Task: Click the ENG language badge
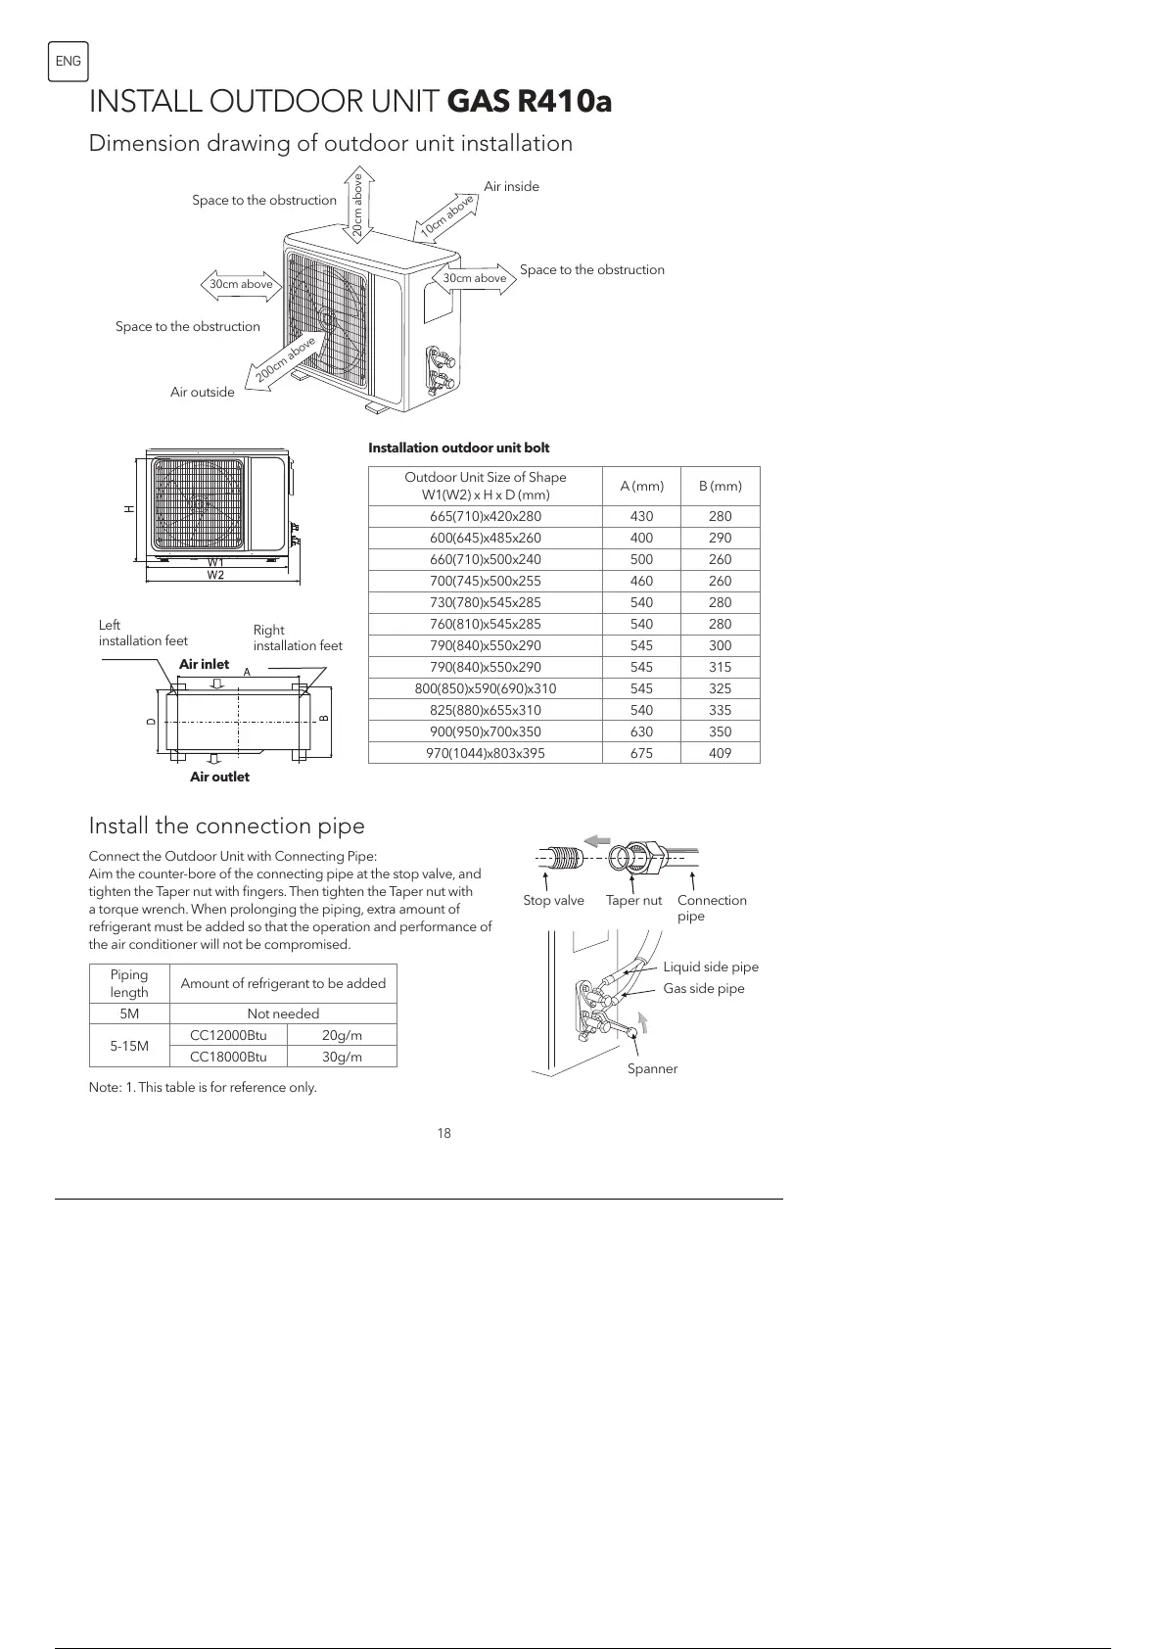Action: click(x=68, y=62)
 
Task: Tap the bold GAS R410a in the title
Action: click(x=529, y=101)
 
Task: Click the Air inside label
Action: click(x=511, y=186)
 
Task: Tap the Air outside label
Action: click(x=202, y=392)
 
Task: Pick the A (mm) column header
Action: click(x=641, y=486)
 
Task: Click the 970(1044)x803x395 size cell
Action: click(x=485, y=753)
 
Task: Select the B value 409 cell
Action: click(x=720, y=753)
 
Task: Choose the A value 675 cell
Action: click(x=641, y=753)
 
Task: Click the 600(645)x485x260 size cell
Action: click(x=485, y=538)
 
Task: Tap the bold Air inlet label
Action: click(x=204, y=664)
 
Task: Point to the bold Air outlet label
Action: click(x=219, y=777)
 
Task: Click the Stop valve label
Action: click(x=553, y=900)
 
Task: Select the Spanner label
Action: click(x=652, y=1068)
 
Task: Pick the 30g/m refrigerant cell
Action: click(x=342, y=1057)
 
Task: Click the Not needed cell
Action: click(x=283, y=1013)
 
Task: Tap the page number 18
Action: click(x=443, y=1133)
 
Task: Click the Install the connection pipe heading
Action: click(x=226, y=825)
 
